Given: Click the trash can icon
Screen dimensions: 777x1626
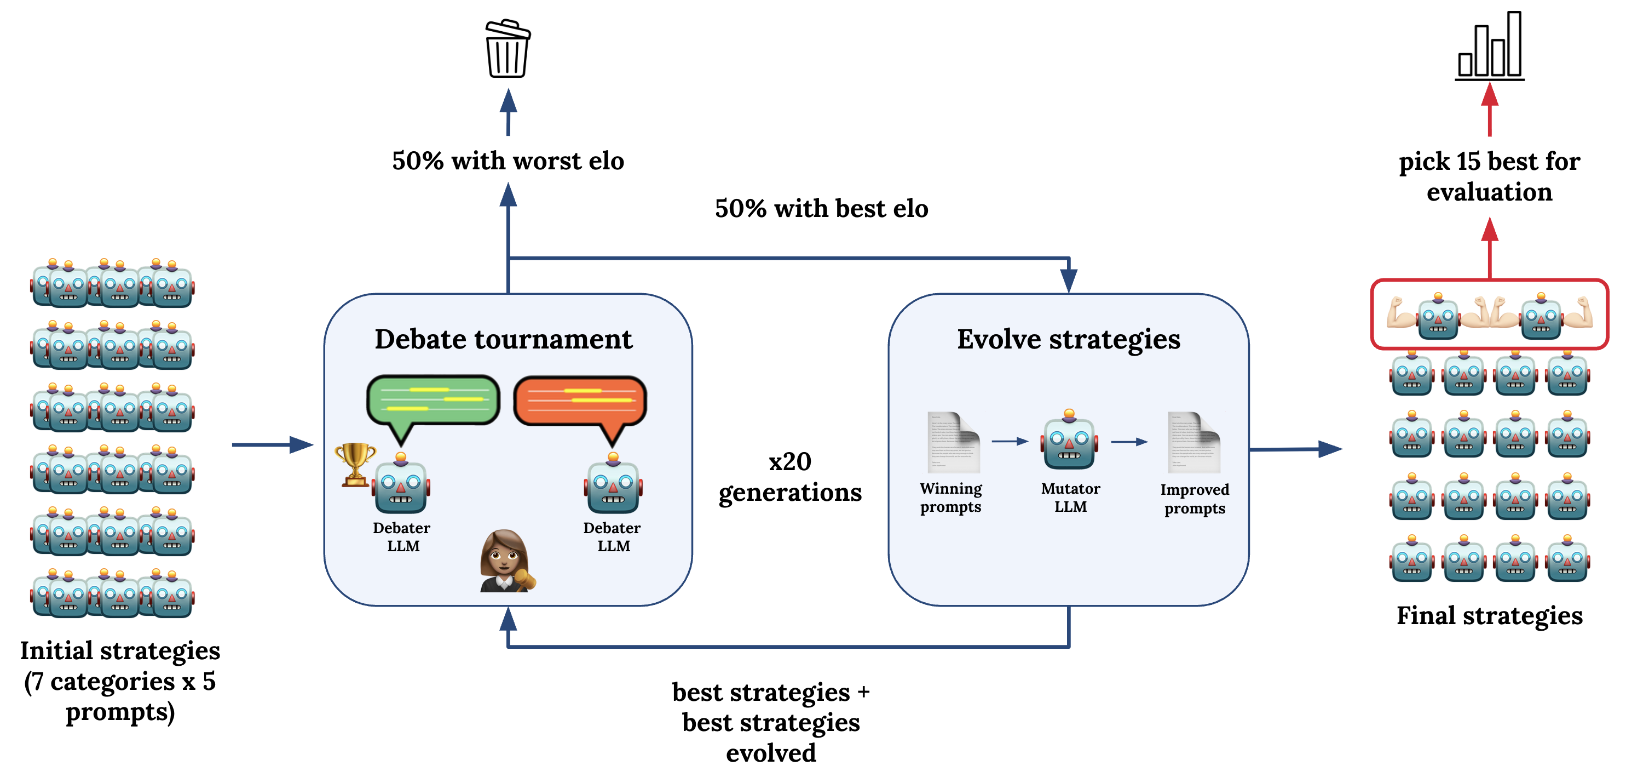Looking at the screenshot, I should pyautogui.click(x=508, y=49).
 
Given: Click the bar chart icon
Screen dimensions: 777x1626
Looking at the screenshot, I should pyautogui.click(x=1490, y=47).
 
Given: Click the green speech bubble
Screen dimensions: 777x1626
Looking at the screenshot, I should pyautogui.click(x=433, y=401).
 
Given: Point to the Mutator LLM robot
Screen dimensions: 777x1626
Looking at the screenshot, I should pyautogui.click(x=1069, y=441).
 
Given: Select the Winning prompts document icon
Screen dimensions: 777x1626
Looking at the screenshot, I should pyautogui.click(x=953, y=442).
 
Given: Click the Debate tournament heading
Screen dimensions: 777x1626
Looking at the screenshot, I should pyautogui.click(x=503, y=339).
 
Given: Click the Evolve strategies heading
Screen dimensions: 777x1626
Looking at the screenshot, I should pyautogui.click(x=1068, y=339).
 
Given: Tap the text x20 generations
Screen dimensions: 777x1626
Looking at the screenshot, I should pyautogui.click(x=789, y=477).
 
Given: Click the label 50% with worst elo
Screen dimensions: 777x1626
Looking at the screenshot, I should pyautogui.click(x=508, y=161).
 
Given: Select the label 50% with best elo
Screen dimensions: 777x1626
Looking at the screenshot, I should pyautogui.click(x=821, y=208).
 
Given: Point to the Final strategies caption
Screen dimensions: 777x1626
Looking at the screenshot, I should pyautogui.click(x=1489, y=615).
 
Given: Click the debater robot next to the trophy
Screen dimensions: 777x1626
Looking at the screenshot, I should pyautogui.click(x=401, y=484).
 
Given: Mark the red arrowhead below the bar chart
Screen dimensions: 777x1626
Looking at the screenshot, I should pyautogui.click(x=1490, y=95).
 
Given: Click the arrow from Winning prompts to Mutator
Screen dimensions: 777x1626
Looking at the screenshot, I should pyautogui.click(x=1010, y=442).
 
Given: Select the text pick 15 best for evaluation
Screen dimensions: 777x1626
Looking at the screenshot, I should pyautogui.click(x=1489, y=176).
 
